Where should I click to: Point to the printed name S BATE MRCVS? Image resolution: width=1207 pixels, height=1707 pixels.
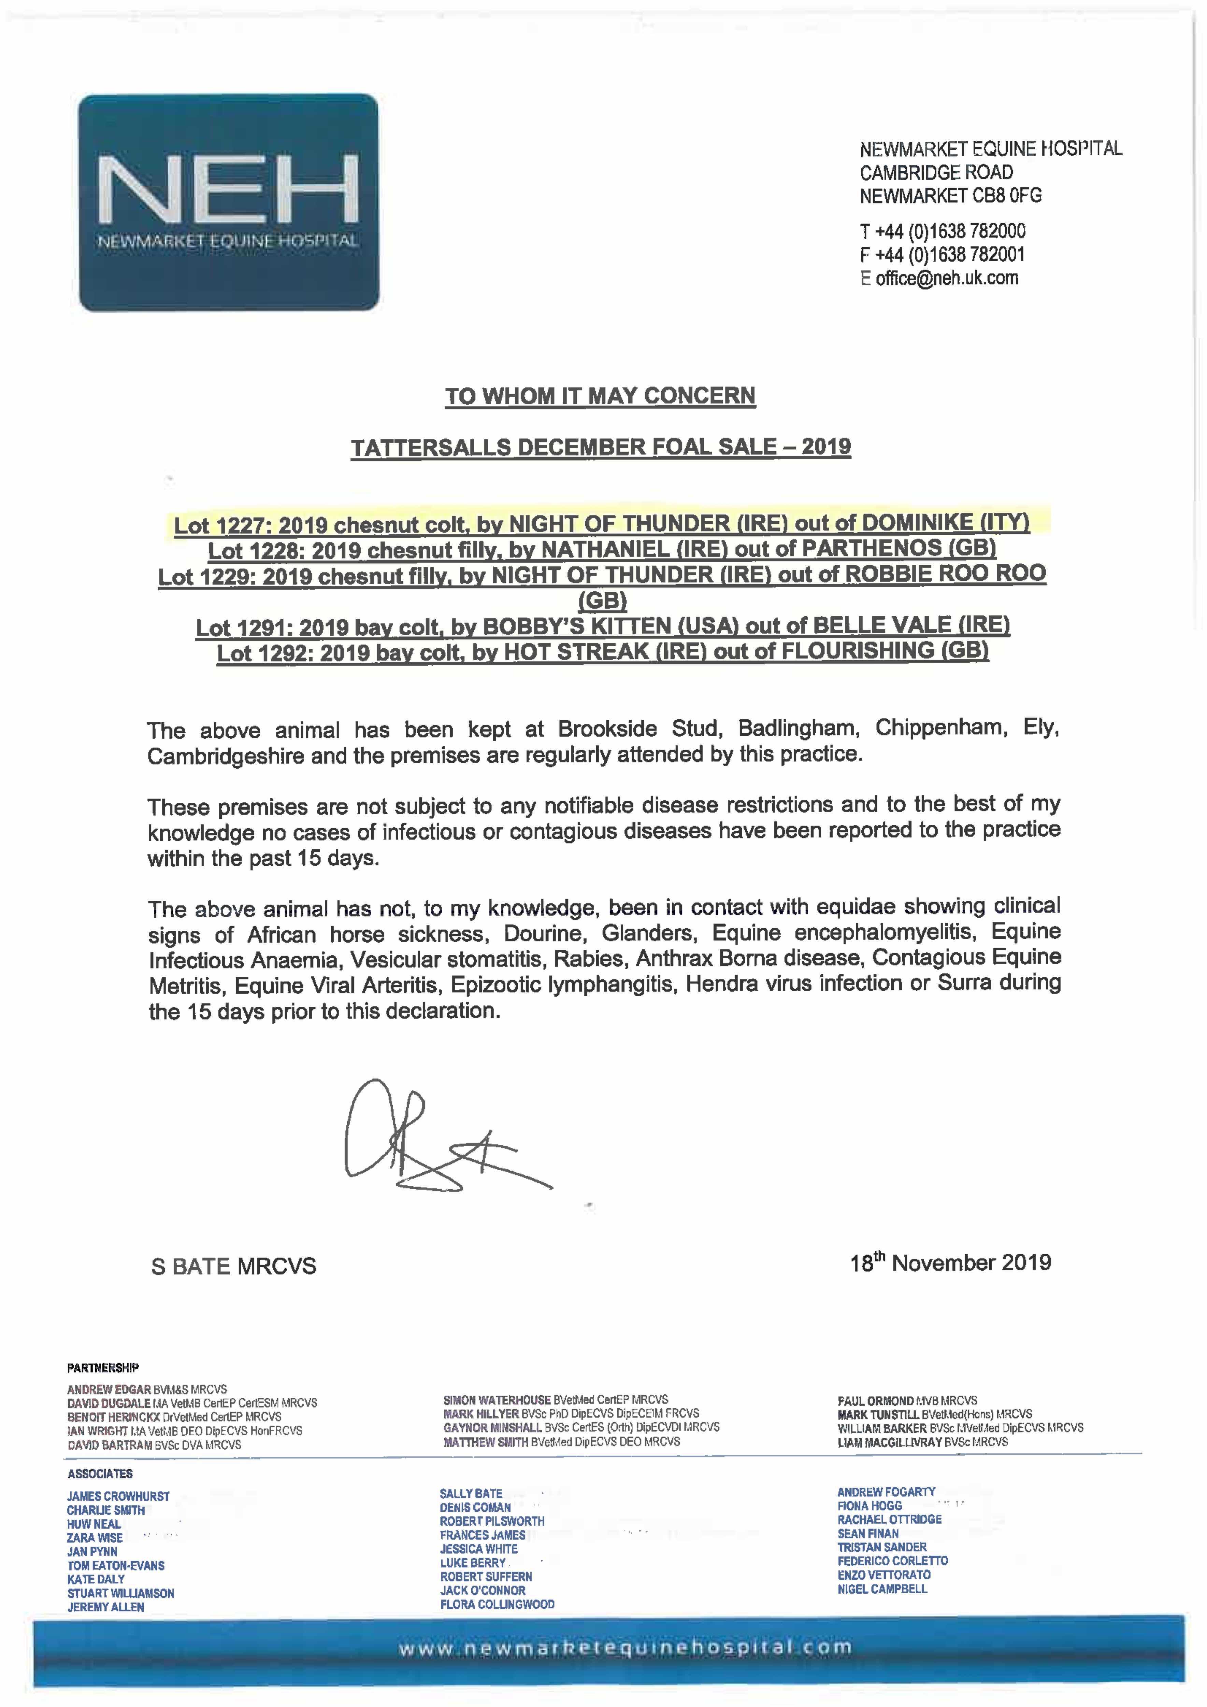pos(233,1266)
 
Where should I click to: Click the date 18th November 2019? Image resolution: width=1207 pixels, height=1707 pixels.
pos(950,1262)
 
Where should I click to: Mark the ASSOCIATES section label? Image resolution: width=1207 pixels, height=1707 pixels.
pos(100,1473)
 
